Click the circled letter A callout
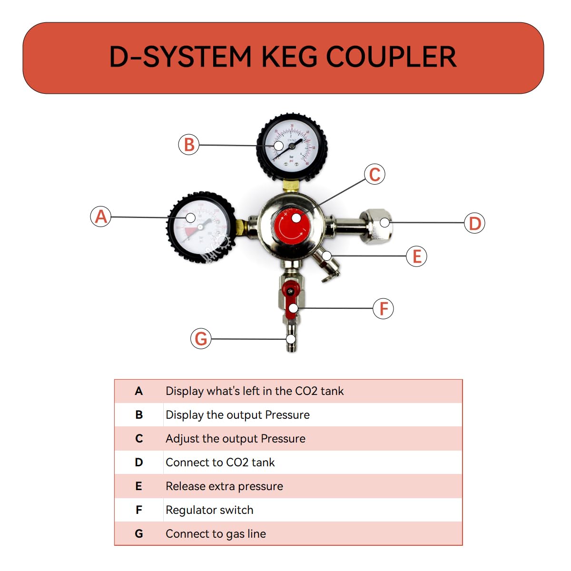101,217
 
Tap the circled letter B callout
189,144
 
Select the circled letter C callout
374,174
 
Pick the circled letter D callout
474,223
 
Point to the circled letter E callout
417,256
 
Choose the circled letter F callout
384,309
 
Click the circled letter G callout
201,339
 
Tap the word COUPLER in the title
391,57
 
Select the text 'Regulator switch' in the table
209,510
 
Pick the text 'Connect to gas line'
216,534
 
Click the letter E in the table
138,486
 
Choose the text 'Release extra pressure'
224,486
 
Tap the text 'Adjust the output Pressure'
236,439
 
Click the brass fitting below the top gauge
290,185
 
